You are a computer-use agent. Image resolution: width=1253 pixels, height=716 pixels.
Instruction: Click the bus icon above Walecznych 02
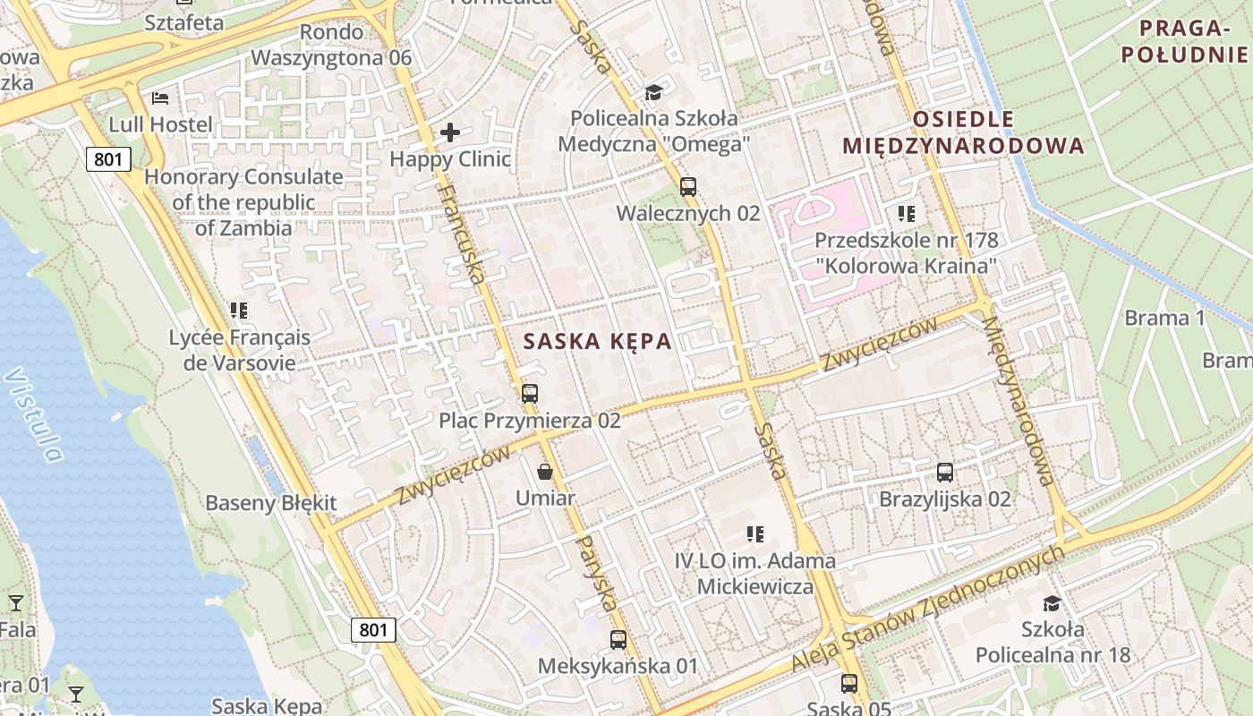click(x=687, y=186)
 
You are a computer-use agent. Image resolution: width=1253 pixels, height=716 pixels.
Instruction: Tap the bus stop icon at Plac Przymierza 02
click(x=529, y=393)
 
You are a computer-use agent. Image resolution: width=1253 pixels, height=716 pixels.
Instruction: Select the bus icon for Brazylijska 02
click(x=945, y=472)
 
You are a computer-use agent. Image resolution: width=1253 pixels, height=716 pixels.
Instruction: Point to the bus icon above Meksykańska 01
click(x=618, y=639)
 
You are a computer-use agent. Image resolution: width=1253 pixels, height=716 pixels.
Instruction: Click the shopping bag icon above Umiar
click(x=544, y=471)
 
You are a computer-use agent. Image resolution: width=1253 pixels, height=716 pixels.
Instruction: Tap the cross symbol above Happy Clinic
click(x=450, y=133)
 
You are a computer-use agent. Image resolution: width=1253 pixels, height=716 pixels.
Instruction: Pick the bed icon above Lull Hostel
click(x=160, y=98)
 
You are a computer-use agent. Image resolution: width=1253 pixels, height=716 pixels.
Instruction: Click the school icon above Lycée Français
click(x=238, y=311)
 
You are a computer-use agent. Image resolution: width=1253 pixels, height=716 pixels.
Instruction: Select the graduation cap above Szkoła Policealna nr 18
click(x=1052, y=603)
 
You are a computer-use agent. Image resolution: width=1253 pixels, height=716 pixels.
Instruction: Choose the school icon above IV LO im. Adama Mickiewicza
click(x=754, y=534)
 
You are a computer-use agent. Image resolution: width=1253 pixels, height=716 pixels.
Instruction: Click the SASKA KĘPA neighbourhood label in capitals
click(x=597, y=341)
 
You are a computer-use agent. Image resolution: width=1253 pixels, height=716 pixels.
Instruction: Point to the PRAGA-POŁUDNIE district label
click(x=1184, y=41)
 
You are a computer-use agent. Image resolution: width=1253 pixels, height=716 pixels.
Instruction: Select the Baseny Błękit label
click(x=271, y=503)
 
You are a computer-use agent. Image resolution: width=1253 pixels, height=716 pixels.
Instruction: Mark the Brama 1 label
click(x=1164, y=318)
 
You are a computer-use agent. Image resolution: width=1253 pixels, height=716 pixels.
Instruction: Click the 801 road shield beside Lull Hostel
click(x=109, y=160)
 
